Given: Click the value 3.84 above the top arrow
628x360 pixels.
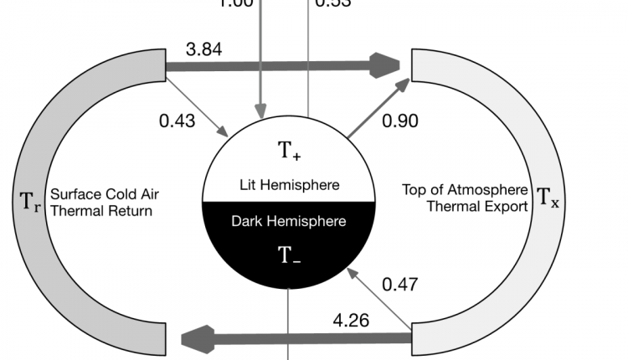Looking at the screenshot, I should point(204,49).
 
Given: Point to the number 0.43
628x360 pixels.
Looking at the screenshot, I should point(177,121).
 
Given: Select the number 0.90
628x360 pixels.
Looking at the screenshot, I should point(399,121).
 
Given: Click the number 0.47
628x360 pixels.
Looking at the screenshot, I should point(399,284).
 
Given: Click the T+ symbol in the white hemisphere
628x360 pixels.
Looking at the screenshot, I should point(289,152).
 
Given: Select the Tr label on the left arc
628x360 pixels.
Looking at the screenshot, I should point(29,201).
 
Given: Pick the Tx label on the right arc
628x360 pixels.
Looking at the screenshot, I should point(547,198).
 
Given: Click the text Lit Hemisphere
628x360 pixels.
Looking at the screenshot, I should point(288,185).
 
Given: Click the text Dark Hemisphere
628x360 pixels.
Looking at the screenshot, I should point(288,222).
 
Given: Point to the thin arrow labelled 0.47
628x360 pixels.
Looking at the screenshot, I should point(380,298).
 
